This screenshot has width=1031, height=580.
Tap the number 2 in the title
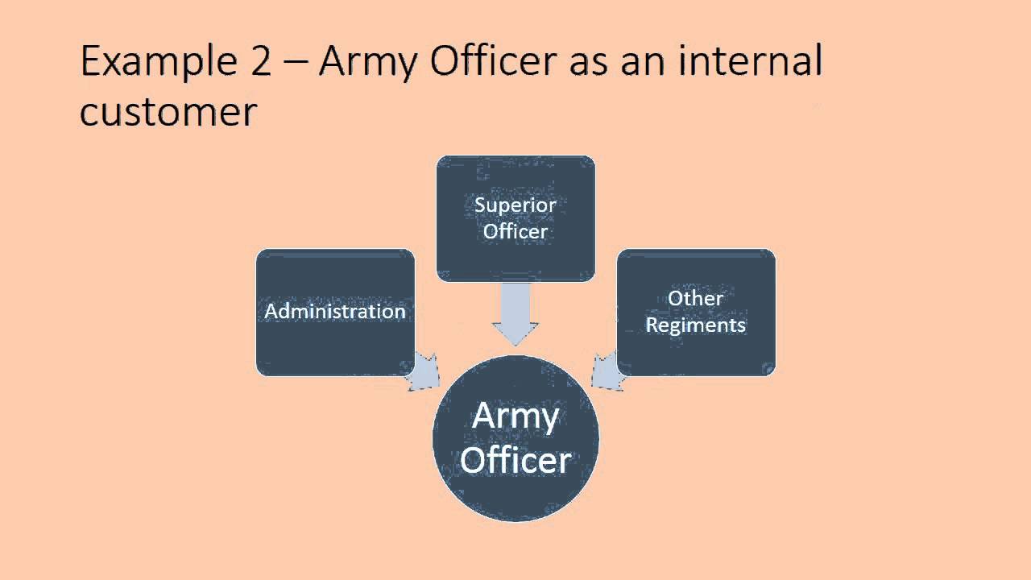tap(260, 63)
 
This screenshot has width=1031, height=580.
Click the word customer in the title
tap(168, 113)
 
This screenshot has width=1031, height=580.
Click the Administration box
tap(335, 312)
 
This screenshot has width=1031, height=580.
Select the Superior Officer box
tap(515, 217)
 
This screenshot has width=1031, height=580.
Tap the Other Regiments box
tap(696, 312)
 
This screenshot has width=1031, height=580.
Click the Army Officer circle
tap(515, 439)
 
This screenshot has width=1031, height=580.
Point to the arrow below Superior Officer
tap(515, 314)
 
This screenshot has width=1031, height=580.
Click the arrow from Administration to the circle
tap(421, 371)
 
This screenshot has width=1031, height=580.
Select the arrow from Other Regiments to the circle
tap(608, 371)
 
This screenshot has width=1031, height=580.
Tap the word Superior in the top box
tap(515, 205)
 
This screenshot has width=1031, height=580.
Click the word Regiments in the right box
tap(696, 325)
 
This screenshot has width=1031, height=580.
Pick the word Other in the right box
tap(696, 298)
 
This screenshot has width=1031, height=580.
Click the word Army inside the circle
tap(515, 416)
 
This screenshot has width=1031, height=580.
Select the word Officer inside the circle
tap(515, 461)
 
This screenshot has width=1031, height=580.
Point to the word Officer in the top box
tap(515, 231)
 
